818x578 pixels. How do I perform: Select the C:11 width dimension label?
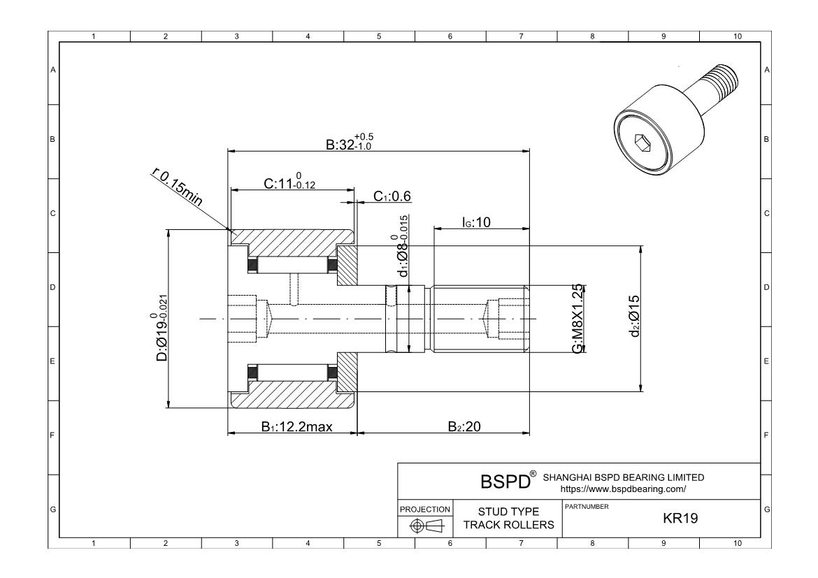[x=289, y=181]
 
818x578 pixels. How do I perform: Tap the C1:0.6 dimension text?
[x=392, y=196]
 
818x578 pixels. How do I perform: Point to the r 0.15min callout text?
[x=177, y=187]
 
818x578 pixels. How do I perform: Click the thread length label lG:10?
[x=476, y=222]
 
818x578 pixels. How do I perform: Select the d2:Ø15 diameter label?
[x=634, y=316]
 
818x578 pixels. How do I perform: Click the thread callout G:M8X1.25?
[x=577, y=319]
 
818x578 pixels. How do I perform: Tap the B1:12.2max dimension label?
[x=297, y=427]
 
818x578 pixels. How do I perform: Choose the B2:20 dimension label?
[x=464, y=427]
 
